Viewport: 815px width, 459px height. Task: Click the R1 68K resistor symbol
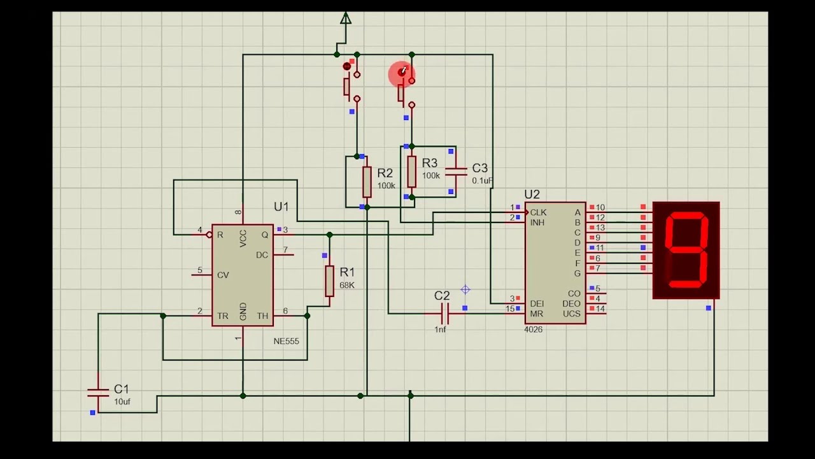pyautogui.click(x=329, y=281)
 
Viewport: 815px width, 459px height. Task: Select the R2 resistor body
pyautogui.click(x=367, y=182)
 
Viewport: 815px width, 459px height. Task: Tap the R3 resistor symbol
pyautogui.click(x=412, y=172)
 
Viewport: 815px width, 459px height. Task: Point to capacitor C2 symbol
pyautogui.click(x=444, y=313)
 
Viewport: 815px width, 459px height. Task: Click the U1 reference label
pyautogui.click(x=281, y=207)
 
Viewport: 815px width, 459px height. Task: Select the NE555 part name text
pyautogui.click(x=286, y=341)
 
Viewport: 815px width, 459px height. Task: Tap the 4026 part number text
pyautogui.click(x=534, y=330)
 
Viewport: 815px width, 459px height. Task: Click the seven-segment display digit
pyautogui.click(x=686, y=249)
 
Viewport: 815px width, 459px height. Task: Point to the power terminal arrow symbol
pyautogui.click(x=345, y=18)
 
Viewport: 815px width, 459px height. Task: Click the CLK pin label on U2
pyautogui.click(x=538, y=212)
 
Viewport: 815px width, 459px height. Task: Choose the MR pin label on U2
pyautogui.click(x=536, y=314)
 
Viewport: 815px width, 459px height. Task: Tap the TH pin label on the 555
pyautogui.click(x=262, y=316)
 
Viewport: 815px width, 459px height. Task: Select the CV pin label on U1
pyautogui.click(x=223, y=275)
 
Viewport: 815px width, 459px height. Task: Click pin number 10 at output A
pyautogui.click(x=600, y=208)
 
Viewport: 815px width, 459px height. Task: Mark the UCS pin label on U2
pyautogui.click(x=571, y=314)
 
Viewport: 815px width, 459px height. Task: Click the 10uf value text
pyautogui.click(x=122, y=402)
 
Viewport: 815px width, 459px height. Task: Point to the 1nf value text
pyautogui.click(x=441, y=330)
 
